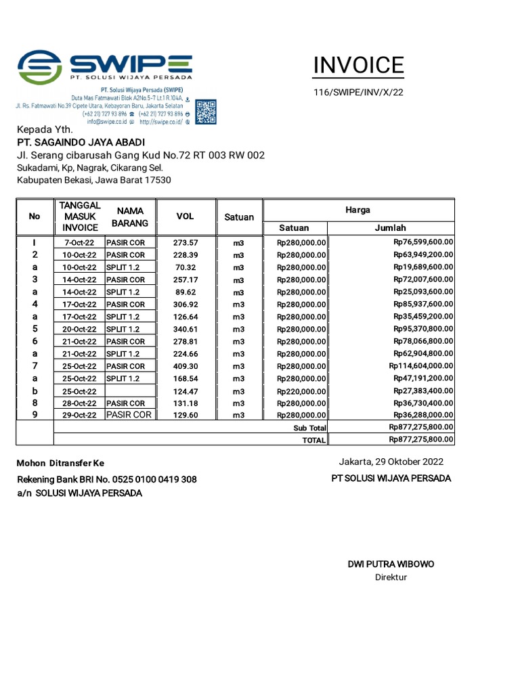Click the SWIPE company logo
[105, 66]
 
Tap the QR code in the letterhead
[206, 112]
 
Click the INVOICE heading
[358, 66]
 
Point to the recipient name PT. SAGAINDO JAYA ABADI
[81, 142]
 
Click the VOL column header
[185, 216]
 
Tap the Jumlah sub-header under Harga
[390, 228]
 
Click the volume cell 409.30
[185, 366]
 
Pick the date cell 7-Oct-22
[80, 242]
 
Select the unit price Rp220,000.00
[302, 391]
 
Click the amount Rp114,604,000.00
[421, 366]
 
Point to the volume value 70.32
[185, 267]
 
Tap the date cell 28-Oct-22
[80, 403]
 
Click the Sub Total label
[310, 428]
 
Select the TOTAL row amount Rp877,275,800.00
[421, 439]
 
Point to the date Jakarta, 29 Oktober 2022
[391, 462]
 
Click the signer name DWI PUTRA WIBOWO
[391, 564]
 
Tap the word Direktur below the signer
[391, 577]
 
